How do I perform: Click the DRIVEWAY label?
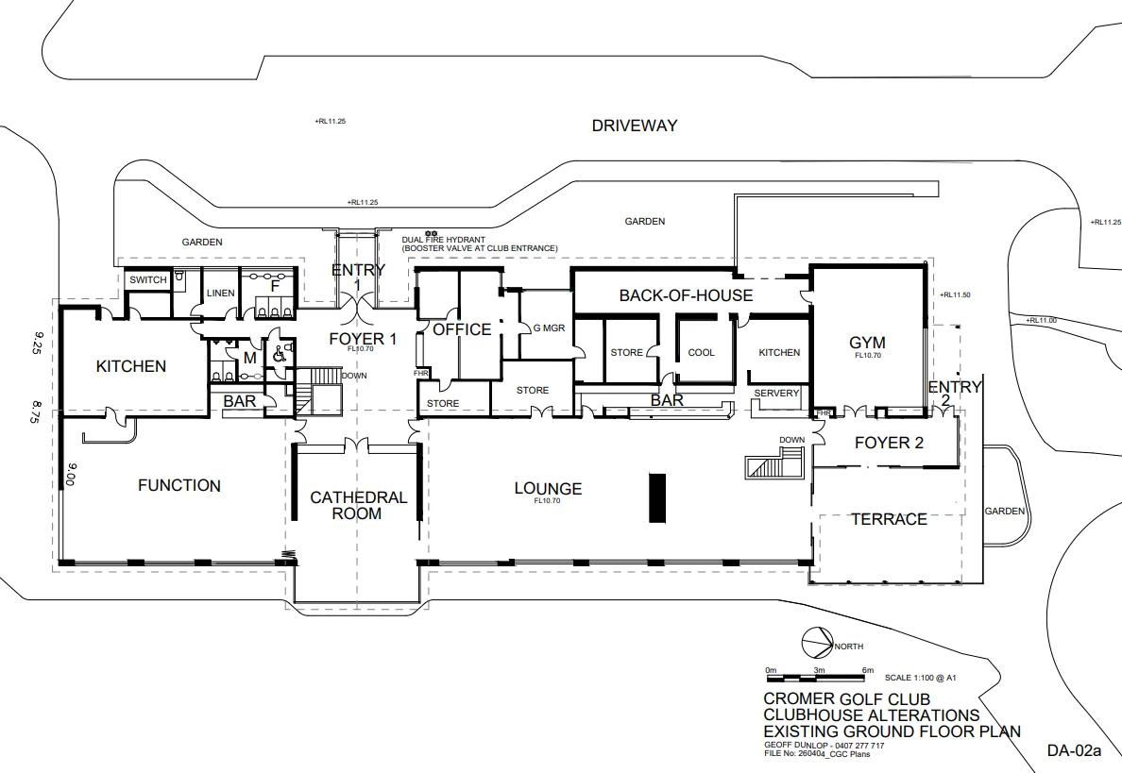(634, 126)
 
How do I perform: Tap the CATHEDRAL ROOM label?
(358, 505)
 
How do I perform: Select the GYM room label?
(867, 343)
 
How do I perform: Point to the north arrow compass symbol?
(817, 642)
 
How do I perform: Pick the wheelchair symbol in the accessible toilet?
(279, 352)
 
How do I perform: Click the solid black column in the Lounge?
(657, 497)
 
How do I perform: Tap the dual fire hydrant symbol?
(431, 233)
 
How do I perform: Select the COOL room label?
(701, 353)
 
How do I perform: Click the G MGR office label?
(550, 328)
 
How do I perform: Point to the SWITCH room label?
(148, 279)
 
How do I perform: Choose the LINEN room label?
(220, 294)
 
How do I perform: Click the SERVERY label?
(776, 394)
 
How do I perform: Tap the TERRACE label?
(890, 519)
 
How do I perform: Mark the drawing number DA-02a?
(1073, 750)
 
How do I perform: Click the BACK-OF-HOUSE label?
(687, 295)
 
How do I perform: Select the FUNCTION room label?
(179, 485)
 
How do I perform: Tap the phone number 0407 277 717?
(858, 746)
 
